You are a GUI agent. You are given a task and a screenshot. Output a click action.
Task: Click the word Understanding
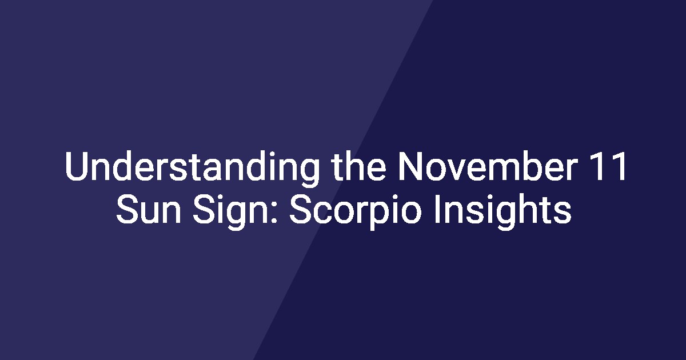192,169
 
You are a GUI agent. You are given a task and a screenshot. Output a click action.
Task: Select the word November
488,166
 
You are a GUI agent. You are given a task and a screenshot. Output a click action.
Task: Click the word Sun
149,209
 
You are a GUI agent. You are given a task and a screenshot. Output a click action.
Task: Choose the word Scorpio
356,211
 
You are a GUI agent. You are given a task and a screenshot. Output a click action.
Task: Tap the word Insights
503,211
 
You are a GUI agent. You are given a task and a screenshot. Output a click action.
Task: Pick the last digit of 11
619,166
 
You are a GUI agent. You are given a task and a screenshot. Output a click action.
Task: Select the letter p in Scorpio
380,216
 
